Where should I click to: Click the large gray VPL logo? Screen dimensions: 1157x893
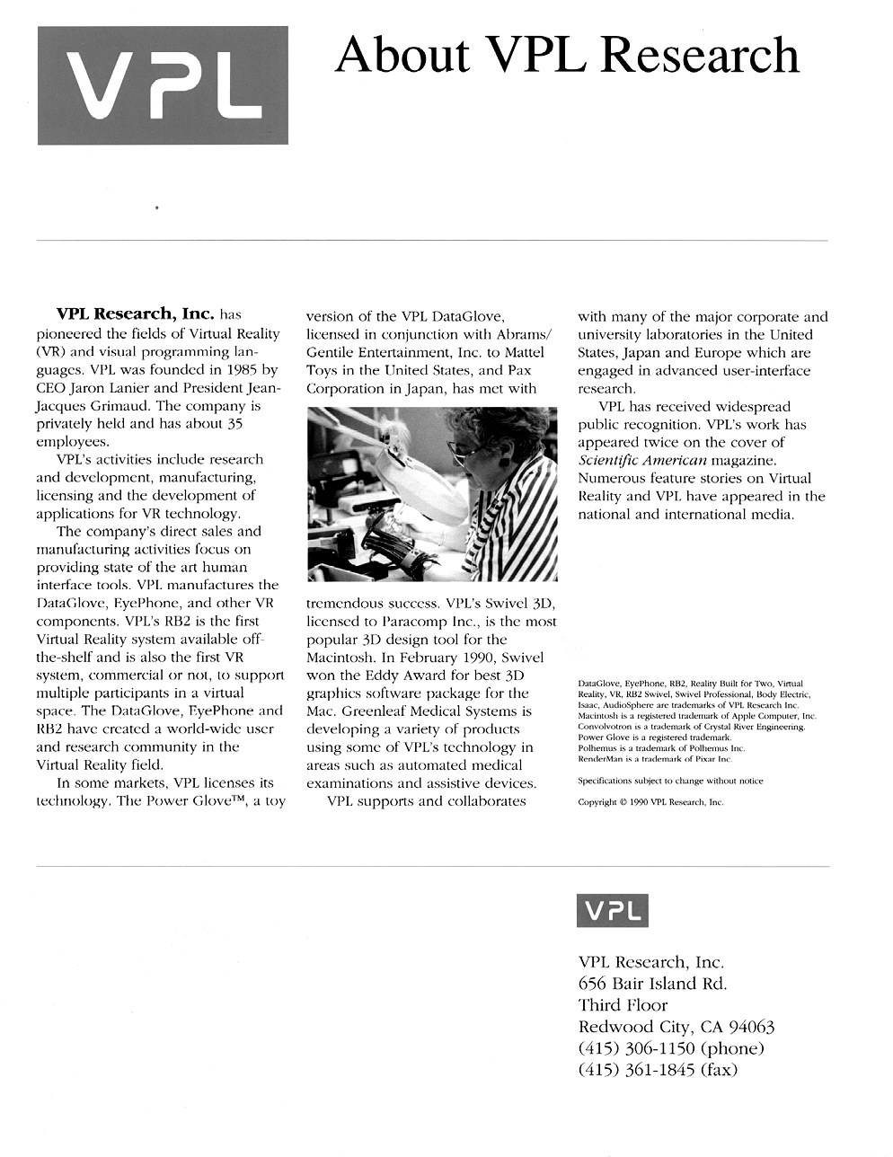(163, 85)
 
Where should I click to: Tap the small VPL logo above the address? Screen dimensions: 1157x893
(612, 911)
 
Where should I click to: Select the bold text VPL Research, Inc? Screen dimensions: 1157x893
(135, 314)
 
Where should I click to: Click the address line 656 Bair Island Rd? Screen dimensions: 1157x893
(652, 984)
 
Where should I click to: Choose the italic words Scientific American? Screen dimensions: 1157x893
(635, 460)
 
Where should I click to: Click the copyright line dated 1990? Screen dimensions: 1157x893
(650, 802)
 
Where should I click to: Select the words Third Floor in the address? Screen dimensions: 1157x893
(623, 1005)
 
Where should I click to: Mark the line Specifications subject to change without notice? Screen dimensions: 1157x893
(670, 781)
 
